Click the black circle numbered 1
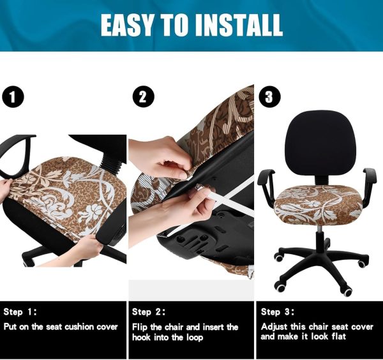click(13, 96)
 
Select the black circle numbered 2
click(144, 97)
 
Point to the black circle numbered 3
click(269, 97)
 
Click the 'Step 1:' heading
click(20, 312)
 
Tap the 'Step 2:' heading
click(149, 312)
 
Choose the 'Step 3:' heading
click(278, 312)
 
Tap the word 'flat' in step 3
click(339, 336)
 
